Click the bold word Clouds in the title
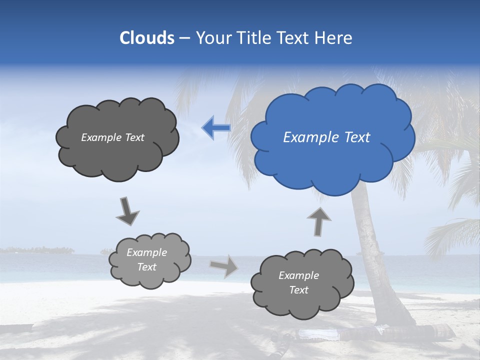(x=146, y=38)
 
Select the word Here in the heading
(x=335, y=38)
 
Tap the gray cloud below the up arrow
(x=302, y=300)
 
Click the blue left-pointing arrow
(x=216, y=128)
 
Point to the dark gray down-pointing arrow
(x=127, y=210)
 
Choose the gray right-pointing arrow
(x=224, y=265)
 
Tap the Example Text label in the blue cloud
(x=326, y=137)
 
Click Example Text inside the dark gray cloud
(x=112, y=137)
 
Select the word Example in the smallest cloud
(x=146, y=252)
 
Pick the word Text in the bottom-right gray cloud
(x=298, y=290)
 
